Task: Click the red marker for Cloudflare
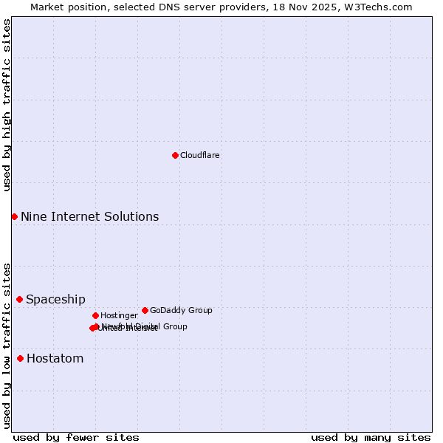tap(175, 155)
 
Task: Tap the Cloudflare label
tap(200, 156)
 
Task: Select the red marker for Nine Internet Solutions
tap(14, 216)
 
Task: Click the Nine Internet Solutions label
tap(89, 216)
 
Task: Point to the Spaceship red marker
tap(19, 299)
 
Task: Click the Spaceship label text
tap(55, 299)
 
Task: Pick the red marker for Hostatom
tap(20, 358)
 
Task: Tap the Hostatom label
tap(55, 359)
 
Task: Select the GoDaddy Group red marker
tap(145, 310)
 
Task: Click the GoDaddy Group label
tap(181, 311)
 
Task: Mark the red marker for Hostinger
tap(95, 315)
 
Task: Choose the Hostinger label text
tap(119, 316)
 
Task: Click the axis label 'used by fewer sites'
tap(76, 437)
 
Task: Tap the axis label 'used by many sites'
tap(371, 437)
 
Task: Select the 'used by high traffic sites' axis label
tap(7, 105)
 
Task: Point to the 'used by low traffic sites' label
tap(7, 346)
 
